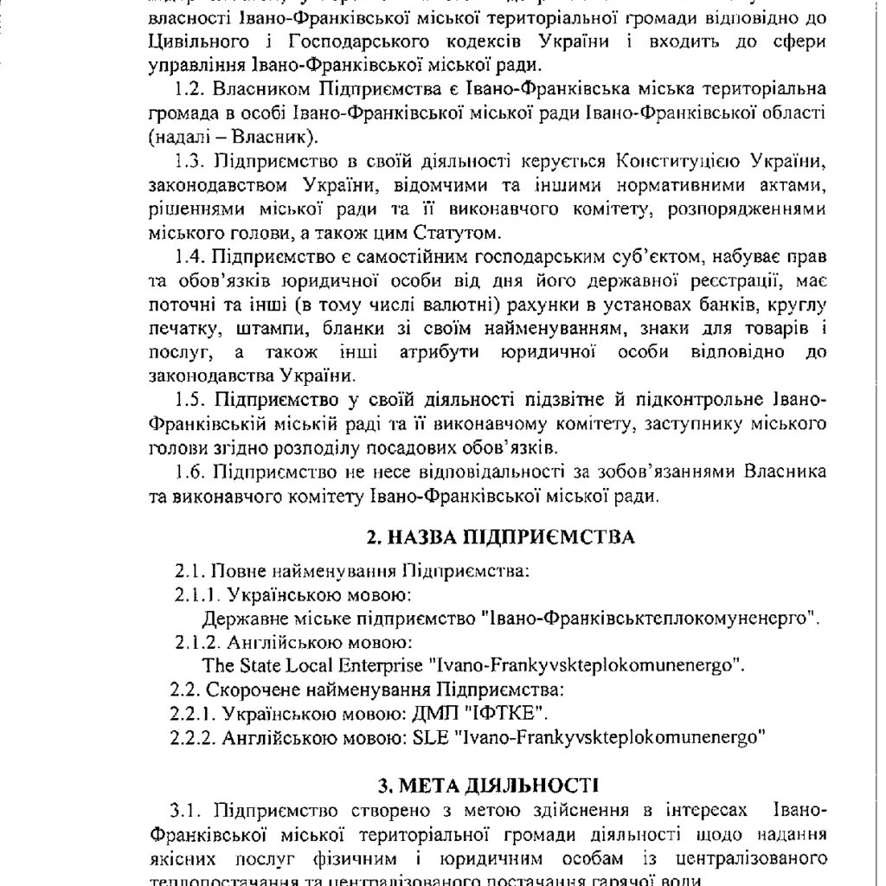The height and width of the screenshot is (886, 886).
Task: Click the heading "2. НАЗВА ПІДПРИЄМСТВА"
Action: point(501,538)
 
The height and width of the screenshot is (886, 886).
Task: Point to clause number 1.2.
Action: point(189,90)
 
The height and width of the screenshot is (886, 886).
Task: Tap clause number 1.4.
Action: point(189,258)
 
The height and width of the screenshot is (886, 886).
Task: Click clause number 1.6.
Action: point(189,473)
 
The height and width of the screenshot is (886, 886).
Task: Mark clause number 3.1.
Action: point(186,811)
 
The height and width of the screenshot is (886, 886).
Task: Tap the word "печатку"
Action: point(182,330)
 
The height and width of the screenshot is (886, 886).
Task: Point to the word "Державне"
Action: point(240,620)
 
